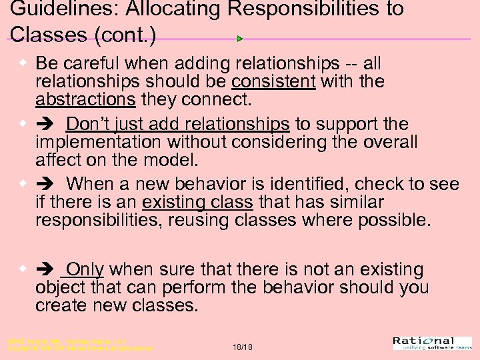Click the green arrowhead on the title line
click(x=240, y=39)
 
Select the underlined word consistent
click(x=273, y=82)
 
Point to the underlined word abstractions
click(x=85, y=100)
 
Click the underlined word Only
click(x=85, y=269)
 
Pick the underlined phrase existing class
click(x=197, y=202)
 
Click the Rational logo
click(x=433, y=343)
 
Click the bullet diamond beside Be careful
click(x=23, y=63)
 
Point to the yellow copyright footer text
click(x=80, y=345)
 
